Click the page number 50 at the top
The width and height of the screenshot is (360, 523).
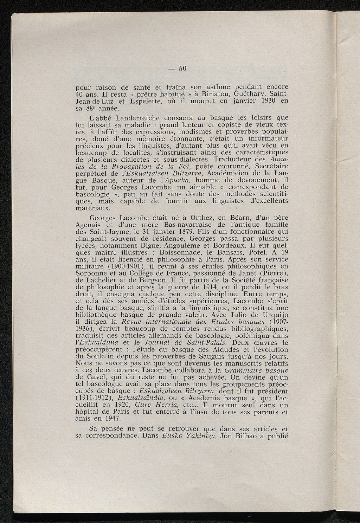click(x=182, y=69)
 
